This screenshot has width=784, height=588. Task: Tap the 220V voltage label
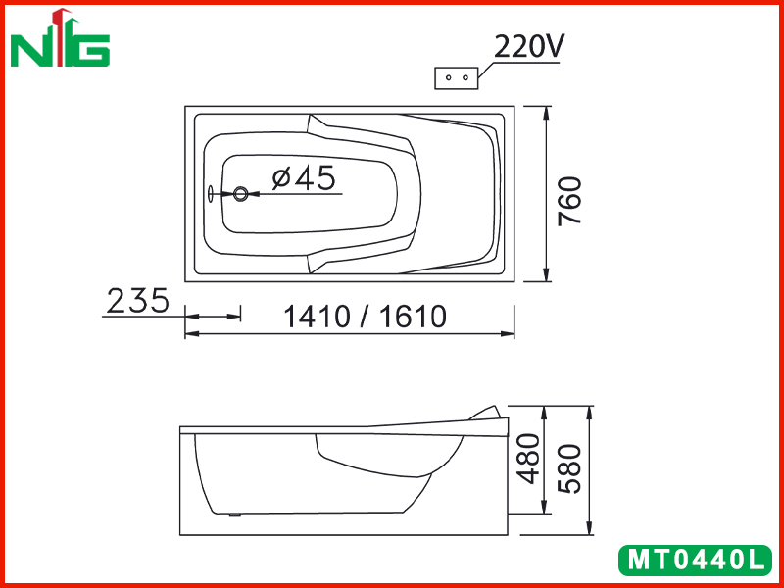pyautogui.click(x=529, y=47)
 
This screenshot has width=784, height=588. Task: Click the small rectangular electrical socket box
pyautogui.click(x=457, y=78)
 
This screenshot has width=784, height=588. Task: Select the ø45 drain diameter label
pyautogui.click(x=304, y=177)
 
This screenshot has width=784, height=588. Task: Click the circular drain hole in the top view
pyautogui.click(x=240, y=194)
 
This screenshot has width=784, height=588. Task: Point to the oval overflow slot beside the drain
pyautogui.click(x=211, y=194)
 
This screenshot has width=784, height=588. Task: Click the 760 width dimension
pyautogui.click(x=570, y=201)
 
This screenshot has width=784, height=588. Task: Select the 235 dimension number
pyautogui.click(x=138, y=301)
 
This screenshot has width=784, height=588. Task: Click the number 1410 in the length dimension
pyautogui.click(x=317, y=317)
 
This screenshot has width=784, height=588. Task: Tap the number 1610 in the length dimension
pyautogui.click(x=413, y=317)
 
